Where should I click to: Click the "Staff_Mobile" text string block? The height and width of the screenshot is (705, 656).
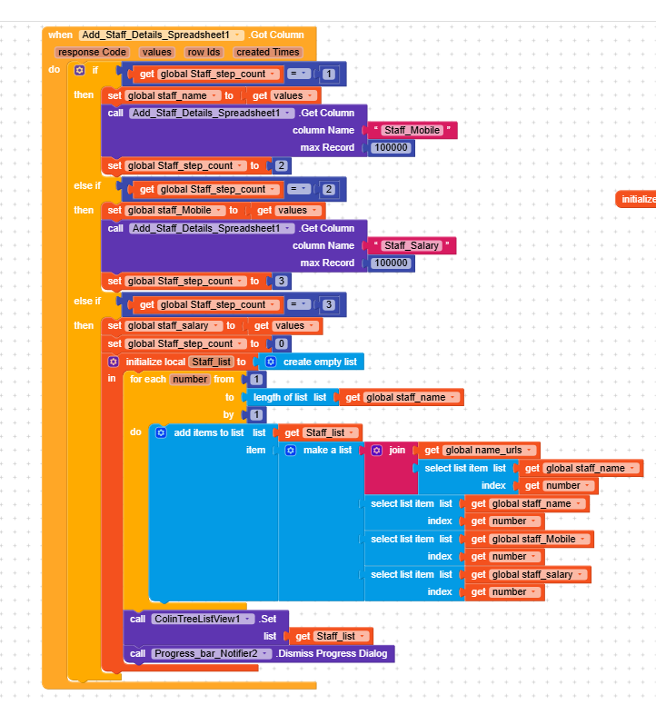412,130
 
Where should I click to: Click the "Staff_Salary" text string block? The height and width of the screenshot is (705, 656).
412,245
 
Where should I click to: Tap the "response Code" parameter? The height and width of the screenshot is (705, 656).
91,52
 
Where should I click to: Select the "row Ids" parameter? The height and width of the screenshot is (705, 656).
204,52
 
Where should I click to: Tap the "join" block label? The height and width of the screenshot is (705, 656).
397,450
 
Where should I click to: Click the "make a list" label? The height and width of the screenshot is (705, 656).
327,450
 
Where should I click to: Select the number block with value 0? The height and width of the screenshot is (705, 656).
283,343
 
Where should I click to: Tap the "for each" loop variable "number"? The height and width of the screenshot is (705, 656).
190,379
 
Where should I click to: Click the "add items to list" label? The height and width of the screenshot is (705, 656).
209,432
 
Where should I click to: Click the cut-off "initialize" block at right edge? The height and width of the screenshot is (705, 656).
637,199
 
